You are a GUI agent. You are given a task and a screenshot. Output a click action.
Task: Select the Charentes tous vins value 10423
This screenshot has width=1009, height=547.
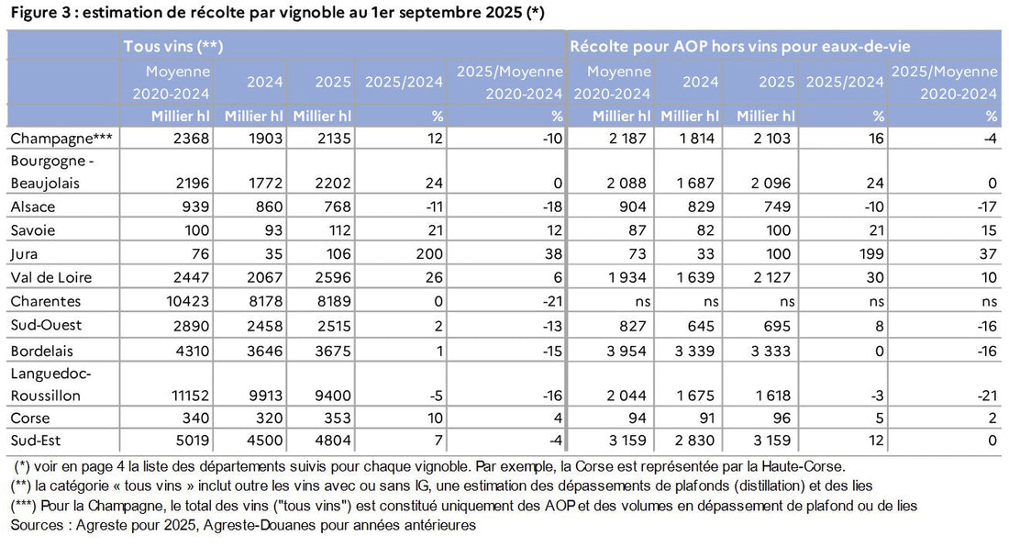(x=189, y=300)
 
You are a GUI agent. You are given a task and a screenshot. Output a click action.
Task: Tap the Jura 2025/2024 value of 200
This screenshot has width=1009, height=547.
(x=429, y=253)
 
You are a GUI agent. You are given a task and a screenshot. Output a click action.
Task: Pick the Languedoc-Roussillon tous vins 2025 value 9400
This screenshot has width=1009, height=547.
(x=334, y=396)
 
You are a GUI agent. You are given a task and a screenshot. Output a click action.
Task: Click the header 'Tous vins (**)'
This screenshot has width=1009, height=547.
(x=174, y=45)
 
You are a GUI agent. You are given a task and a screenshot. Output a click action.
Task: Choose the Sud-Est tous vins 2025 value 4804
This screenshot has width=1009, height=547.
(x=334, y=441)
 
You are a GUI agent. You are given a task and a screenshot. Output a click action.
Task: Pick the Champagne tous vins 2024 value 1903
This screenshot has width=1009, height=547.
(x=264, y=138)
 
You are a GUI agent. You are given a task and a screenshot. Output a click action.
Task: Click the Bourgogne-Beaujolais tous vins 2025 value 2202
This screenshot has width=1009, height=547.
(x=334, y=183)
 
